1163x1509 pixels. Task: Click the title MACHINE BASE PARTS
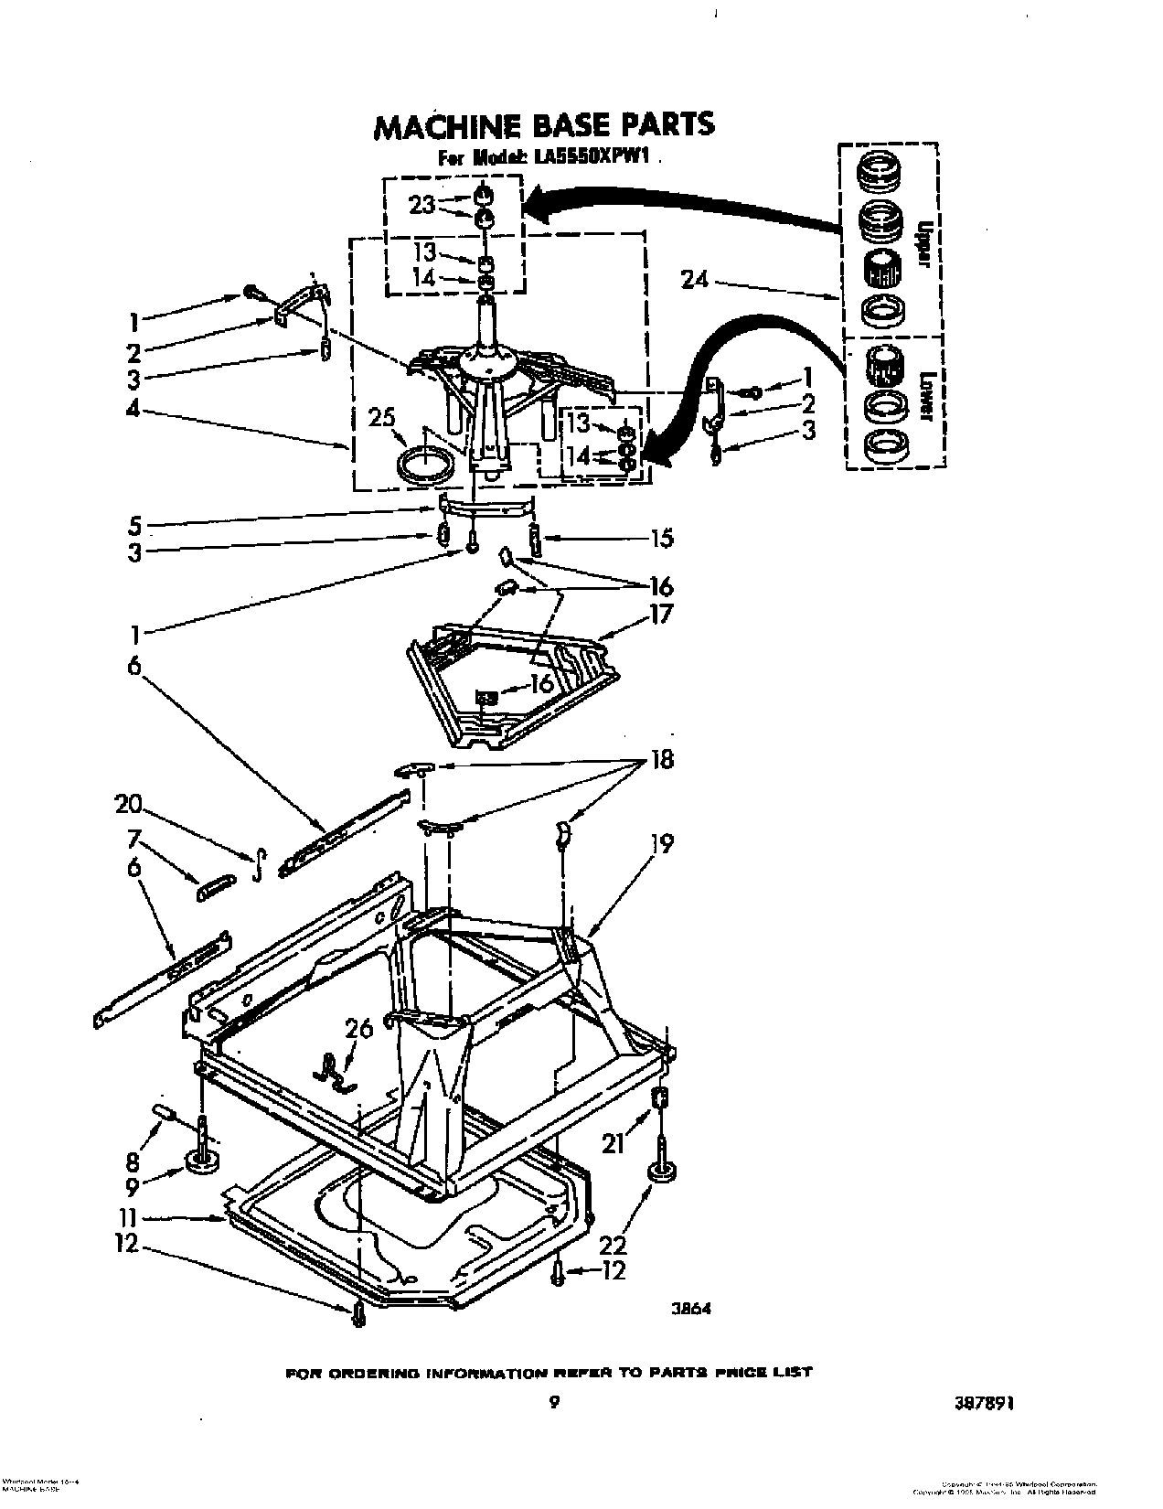tap(543, 125)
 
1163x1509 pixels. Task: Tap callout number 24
tap(695, 280)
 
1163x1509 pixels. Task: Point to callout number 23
tap(421, 205)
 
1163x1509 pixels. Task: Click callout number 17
tap(660, 615)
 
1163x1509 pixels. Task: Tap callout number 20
tap(129, 805)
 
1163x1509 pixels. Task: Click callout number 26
tap(359, 1029)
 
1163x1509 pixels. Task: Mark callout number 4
tap(133, 412)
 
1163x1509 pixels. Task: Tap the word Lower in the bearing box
tap(925, 395)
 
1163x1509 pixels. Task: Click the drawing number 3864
tap(692, 1309)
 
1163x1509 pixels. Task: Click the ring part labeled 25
tap(427, 463)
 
